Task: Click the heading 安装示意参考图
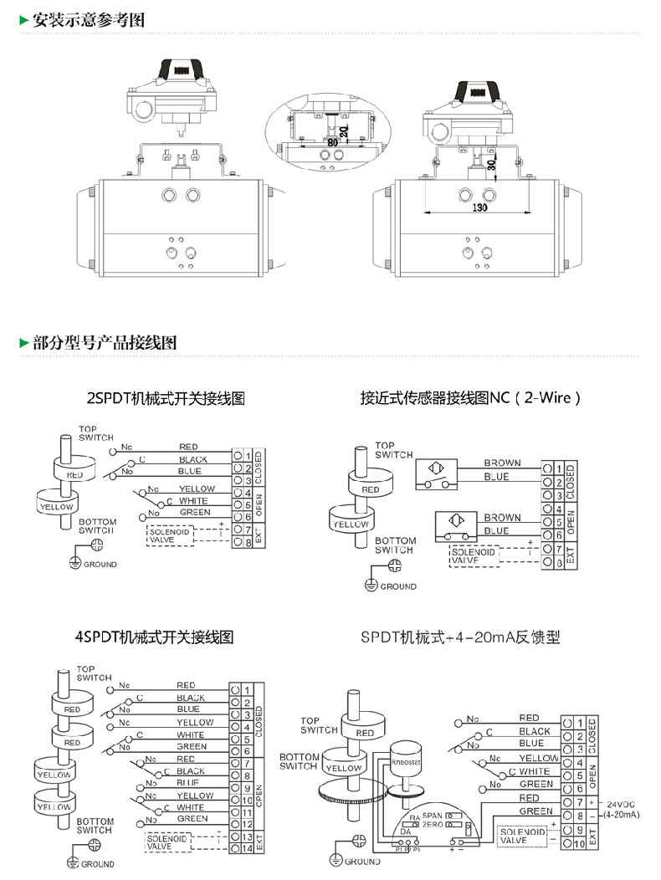[88, 20]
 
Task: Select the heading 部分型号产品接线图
[104, 343]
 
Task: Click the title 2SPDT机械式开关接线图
[166, 398]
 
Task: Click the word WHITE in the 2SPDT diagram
[192, 501]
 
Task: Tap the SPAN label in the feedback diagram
[432, 815]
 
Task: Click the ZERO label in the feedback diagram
[433, 825]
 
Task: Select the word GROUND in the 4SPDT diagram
[98, 864]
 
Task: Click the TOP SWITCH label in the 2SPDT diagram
[95, 433]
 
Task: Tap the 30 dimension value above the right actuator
[493, 165]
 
